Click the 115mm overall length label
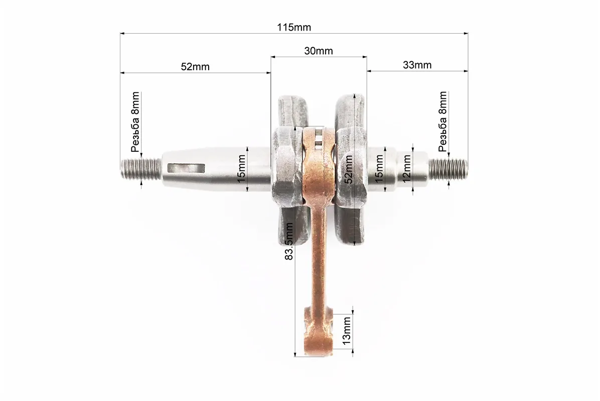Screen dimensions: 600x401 (294, 28)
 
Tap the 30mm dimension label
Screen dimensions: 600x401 (319, 51)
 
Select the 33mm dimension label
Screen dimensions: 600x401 (417, 65)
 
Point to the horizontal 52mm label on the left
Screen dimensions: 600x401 (195, 67)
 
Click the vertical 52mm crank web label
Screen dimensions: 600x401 (349, 169)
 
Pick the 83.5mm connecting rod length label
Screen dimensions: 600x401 (289, 242)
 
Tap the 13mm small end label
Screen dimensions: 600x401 (346, 331)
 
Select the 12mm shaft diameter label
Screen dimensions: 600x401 (406, 168)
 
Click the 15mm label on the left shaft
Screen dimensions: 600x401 (241, 168)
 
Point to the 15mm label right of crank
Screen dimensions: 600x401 (378, 168)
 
